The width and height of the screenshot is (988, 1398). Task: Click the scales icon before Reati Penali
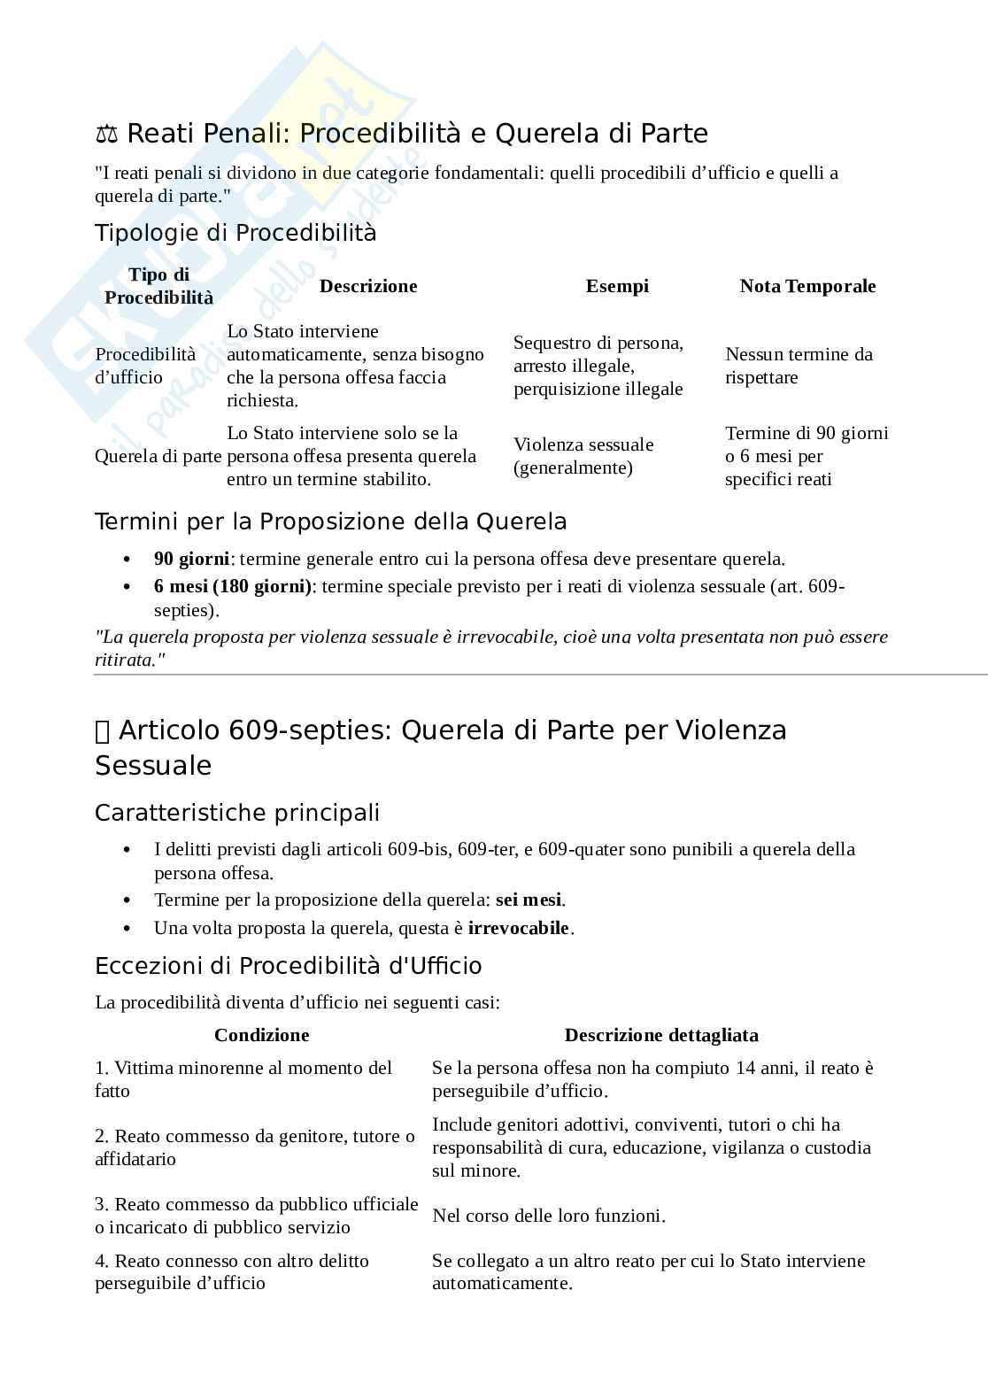pos(106,135)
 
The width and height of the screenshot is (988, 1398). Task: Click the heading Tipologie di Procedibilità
pos(235,233)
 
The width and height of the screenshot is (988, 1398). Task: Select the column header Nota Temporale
pos(807,286)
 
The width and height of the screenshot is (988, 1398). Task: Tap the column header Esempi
pos(617,286)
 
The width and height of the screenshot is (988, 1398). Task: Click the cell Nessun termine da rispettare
pos(799,366)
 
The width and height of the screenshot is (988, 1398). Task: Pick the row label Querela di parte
pos(158,456)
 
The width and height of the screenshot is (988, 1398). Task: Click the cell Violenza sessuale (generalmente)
pos(583,456)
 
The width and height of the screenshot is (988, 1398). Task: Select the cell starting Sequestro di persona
pos(598,366)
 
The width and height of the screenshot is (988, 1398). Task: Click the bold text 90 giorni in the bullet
pos(191,559)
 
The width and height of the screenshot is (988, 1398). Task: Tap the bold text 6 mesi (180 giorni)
pos(233,586)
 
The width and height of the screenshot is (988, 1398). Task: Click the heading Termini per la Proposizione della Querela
pos(330,521)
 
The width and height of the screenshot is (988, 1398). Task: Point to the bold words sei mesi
pos(528,900)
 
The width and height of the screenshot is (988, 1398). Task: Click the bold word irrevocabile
pos(518,928)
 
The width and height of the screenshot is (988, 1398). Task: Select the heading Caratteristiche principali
pos(237,813)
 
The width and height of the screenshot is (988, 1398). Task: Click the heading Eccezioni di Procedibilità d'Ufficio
pos(289,965)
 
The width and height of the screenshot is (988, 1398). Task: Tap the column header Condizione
pos(262,1035)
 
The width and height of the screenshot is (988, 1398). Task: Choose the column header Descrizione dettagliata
pos(661,1035)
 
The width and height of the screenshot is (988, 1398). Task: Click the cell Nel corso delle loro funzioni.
pos(549,1216)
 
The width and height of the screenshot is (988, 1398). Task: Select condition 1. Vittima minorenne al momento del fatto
pos(243,1079)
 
